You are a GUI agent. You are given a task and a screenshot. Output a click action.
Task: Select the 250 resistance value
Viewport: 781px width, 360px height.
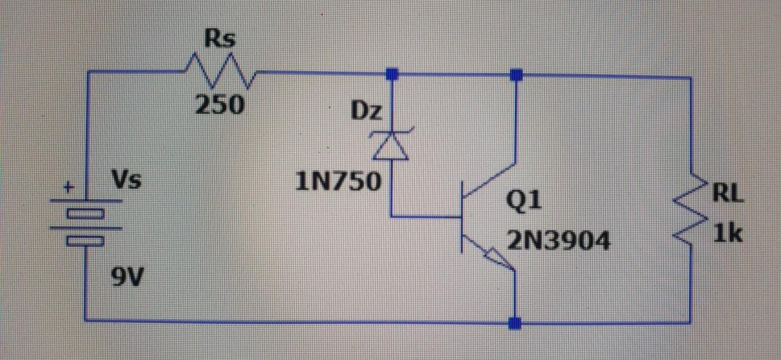[220, 105]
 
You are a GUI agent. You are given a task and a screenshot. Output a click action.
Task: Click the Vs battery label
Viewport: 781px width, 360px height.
[126, 181]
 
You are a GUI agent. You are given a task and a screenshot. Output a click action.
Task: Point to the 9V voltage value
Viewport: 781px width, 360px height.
[126, 277]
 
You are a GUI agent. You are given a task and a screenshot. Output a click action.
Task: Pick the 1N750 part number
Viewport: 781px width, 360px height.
[339, 181]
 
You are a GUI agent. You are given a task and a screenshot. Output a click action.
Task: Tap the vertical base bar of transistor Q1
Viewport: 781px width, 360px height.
[463, 216]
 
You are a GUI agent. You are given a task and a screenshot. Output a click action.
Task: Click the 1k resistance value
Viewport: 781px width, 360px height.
[727, 233]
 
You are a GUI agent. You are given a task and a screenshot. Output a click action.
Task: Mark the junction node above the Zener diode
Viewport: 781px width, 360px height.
[392, 73]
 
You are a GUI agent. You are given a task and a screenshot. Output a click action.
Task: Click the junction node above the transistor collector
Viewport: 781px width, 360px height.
[516, 74]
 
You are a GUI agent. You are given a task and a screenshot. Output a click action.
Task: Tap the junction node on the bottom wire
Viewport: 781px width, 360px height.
[515, 323]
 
